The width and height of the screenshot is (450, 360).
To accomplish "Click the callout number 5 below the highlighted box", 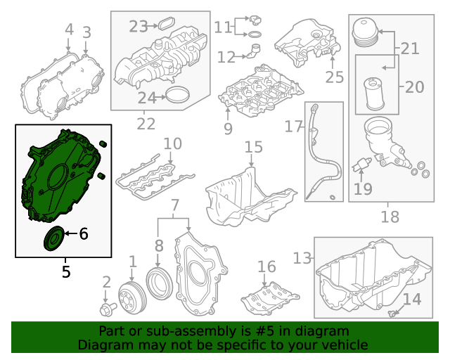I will (66, 271).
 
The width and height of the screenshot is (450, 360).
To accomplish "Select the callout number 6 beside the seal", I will (83, 234).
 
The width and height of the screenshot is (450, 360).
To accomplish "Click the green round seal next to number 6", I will (53, 239).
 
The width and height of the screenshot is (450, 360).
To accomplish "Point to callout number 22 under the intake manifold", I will (146, 124).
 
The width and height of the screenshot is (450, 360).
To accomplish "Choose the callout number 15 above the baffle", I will (253, 147).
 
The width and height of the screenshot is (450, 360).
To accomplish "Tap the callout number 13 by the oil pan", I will (302, 259).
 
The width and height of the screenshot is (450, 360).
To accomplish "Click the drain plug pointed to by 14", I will (392, 310).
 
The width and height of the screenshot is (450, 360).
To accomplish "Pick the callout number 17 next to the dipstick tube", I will (292, 127).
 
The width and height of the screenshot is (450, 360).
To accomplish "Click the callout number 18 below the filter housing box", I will (390, 217).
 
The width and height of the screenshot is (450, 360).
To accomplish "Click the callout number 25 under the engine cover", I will (333, 76).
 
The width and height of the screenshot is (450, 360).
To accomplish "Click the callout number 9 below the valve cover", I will (227, 128).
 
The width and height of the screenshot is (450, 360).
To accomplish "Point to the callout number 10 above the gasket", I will (172, 144).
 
